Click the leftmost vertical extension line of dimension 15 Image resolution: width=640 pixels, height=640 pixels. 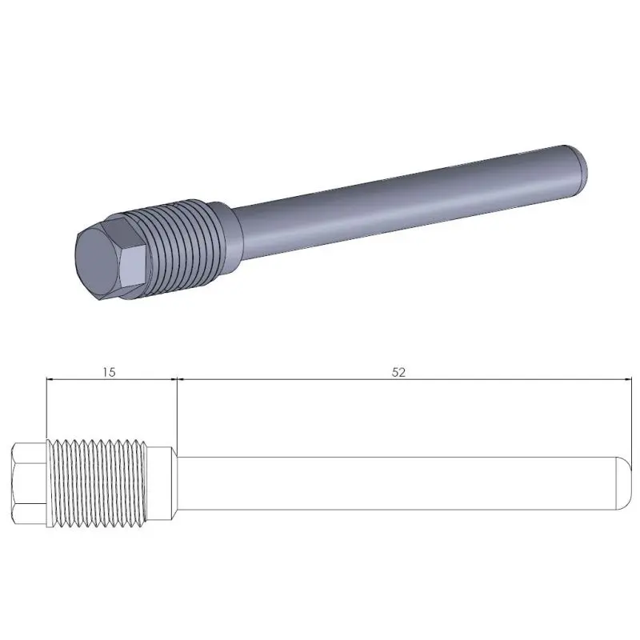click(x=47, y=408)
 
